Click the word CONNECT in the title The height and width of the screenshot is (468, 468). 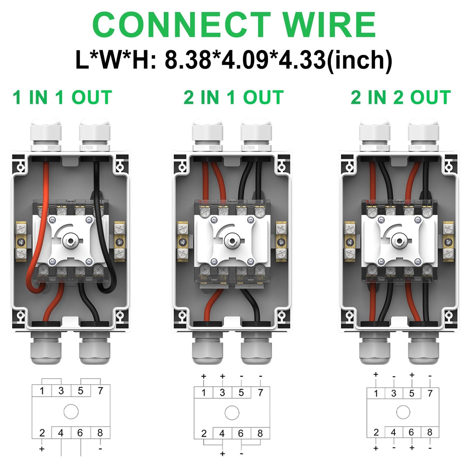[x=181, y=25]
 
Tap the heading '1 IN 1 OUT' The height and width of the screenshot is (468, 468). [x=62, y=97]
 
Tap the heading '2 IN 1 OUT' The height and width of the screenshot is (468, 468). [x=234, y=97]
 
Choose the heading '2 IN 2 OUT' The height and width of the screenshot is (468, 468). [x=401, y=97]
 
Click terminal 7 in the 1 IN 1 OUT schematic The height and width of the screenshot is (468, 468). [x=100, y=391]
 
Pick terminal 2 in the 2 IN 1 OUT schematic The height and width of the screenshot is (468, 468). [x=204, y=433]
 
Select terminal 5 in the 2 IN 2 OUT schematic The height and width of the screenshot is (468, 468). [x=412, y=393]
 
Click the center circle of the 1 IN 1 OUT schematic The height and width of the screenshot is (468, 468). [x=71, y=412]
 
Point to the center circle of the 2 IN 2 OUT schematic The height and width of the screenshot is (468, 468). [x=403, y=413]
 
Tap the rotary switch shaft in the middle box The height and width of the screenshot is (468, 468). [x=232, y=241]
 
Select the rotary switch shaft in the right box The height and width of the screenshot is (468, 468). [x=399, y=240]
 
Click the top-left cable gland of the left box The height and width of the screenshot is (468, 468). [x=46, y=133]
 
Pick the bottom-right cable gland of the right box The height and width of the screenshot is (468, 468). [x=423, y=349]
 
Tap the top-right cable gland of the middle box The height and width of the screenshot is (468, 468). [x=256, y=133]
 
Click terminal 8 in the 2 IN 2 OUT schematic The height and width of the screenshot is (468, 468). [x=430, y=432]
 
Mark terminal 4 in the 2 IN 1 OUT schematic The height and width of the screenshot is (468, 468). [x=222, y=433]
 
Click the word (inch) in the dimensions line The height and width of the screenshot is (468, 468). [x=360, y=60]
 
